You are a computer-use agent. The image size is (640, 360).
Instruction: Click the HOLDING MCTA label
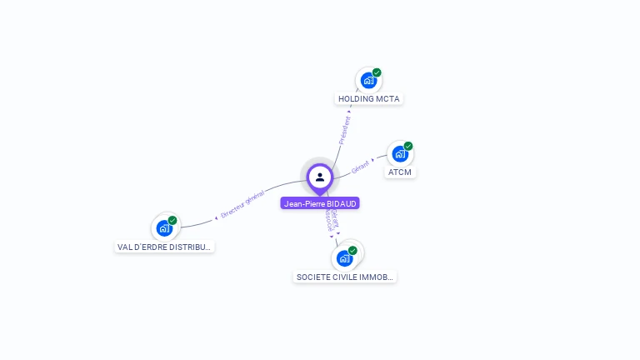click(x=369, y=98)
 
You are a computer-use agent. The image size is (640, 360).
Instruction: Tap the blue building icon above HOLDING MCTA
click(x=367, y=81)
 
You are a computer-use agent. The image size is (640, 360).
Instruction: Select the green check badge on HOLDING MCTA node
click(x=377, y=72)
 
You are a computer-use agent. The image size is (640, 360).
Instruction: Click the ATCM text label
click(x=400, y=172)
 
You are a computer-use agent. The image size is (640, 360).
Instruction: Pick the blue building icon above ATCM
click(x=400, y=154)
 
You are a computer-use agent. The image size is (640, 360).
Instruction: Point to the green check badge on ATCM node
click(x=408, y=146)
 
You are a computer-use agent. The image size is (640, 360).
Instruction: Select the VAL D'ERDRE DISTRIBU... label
click(x=165, y=247)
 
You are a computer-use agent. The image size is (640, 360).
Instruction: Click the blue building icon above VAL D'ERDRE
click(x=164, y=227)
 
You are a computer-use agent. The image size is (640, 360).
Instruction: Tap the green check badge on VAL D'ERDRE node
click(x=172, y=220)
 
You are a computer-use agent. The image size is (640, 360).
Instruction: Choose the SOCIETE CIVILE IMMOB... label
click(x=345, y=277)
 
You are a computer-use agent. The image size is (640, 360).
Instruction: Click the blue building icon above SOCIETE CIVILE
click(x=344, y=258)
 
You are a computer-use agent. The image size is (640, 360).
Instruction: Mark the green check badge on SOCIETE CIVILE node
click(x=352, y=250)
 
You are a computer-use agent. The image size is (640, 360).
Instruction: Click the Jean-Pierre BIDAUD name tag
click(x=320, y=203)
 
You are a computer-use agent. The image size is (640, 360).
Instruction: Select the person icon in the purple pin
click(x=320, y=177)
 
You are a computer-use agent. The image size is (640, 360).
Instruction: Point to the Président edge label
click(x=345, y=128)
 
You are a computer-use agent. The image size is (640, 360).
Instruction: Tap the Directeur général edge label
click(x=242, y=204)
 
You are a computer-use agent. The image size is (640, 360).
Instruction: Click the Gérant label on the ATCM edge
click(x=360, y=167)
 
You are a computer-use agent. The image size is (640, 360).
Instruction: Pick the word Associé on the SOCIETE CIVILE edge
click(x=329, y=222)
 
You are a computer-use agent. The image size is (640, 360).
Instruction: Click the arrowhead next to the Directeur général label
click(x=217, y=217)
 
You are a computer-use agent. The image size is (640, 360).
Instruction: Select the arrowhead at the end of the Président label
click(x=350, y=112)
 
